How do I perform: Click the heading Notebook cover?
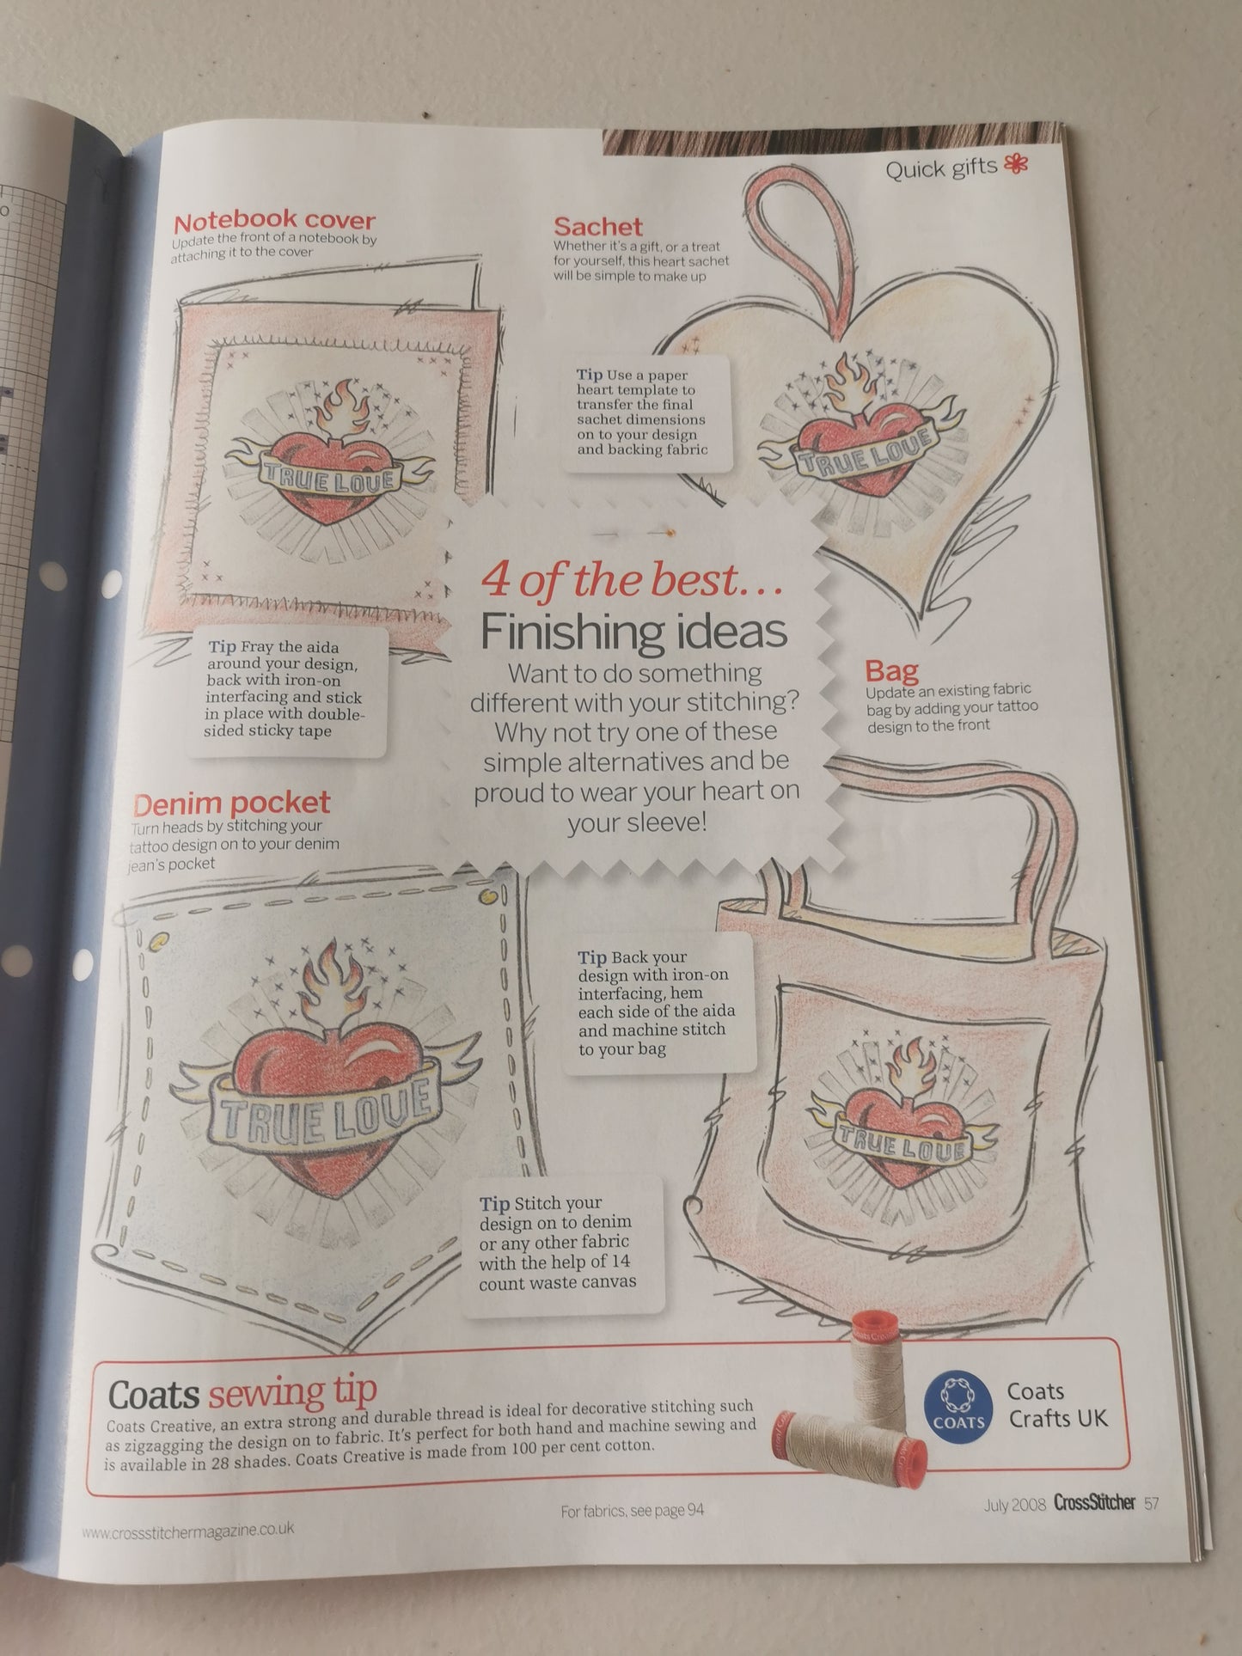tap(274, 221)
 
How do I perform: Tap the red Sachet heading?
tap(597, 227)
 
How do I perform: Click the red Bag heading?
tap(891, 670)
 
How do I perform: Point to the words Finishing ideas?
tap(633, 632)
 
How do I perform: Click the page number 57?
tap(1152, 1503)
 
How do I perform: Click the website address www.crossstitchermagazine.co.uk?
tap(188, 1531)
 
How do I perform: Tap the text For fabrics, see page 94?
tap(632, 1510)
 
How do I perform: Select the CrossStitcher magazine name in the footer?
tap(1094, 1503)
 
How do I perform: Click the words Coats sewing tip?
tap(243, 1392)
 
